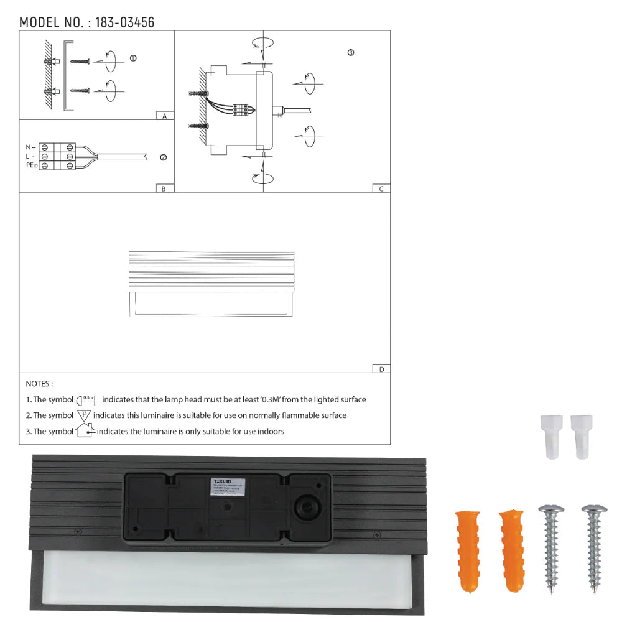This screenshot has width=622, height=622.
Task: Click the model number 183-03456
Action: coord(124,23)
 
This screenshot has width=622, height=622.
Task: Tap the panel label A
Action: coord(164,116)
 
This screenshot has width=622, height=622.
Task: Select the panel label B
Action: coord(164,188)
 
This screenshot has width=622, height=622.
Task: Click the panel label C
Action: coord(381,188)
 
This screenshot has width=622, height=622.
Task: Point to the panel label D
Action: coord(381,369)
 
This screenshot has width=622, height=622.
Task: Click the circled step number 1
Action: coord(133,58)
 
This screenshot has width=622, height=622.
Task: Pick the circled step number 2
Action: coord(164,157)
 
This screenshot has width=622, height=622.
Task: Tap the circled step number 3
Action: coord(351,53)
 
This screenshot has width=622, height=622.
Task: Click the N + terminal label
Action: coord(30,147)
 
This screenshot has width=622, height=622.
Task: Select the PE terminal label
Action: coord(31,165)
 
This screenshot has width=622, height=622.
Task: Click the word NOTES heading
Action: coord(39,384)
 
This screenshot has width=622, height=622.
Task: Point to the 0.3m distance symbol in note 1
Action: coord(88,399)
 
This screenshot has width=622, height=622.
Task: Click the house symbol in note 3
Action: coord(84,430)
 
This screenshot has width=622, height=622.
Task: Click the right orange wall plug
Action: coord(510,551)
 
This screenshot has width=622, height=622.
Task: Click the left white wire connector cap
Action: coord(549,437)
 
